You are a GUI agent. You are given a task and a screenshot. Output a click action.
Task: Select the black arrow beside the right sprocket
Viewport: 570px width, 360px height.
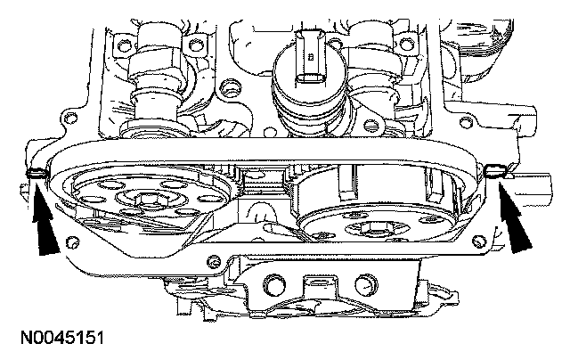[x=514, y=218]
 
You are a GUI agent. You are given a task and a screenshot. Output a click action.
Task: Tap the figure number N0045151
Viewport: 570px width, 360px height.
[x=62, y=338]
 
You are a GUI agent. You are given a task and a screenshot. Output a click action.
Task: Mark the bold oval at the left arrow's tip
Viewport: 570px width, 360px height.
[x=37, y=173]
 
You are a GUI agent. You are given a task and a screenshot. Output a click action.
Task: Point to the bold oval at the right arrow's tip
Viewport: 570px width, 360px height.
[x=495, y=170]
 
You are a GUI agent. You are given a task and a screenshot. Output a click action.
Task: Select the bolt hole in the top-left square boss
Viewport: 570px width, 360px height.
[x=124, y=45]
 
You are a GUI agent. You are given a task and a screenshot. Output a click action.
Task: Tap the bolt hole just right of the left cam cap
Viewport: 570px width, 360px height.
[x=196, y=45]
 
